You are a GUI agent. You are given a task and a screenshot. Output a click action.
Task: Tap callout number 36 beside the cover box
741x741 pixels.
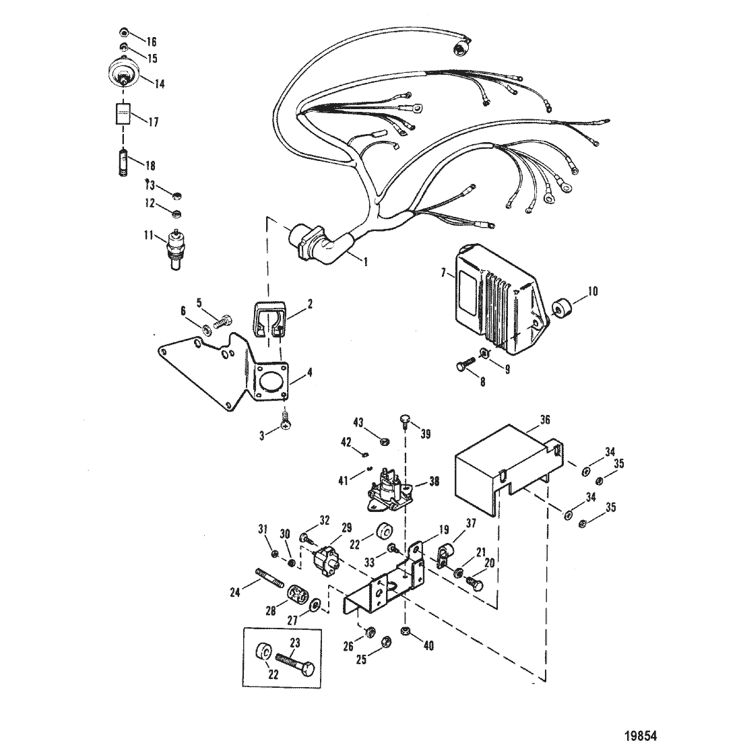pos(544,418)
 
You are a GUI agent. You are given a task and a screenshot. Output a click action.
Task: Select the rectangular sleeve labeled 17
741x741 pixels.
pos(123,115)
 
